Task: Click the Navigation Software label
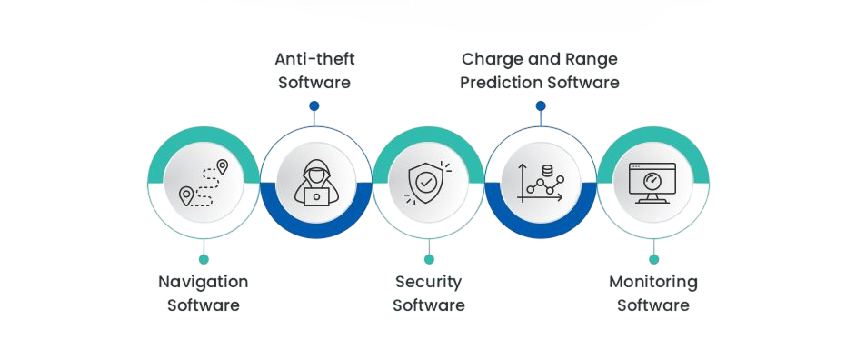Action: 204,294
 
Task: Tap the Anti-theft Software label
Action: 314,71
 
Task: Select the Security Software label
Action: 429,294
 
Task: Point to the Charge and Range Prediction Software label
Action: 540,71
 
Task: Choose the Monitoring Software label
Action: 653,294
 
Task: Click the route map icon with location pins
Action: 204,183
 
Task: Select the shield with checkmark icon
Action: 429,183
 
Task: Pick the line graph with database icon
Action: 541,183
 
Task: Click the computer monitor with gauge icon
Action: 653,183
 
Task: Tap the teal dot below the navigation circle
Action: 204,259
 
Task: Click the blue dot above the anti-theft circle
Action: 314,105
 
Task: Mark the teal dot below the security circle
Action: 429,259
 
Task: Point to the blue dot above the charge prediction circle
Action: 541,105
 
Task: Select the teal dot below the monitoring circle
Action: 653,259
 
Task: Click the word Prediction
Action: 503,83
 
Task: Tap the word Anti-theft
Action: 314,59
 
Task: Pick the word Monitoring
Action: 653,282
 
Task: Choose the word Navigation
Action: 204,282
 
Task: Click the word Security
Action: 429,282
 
